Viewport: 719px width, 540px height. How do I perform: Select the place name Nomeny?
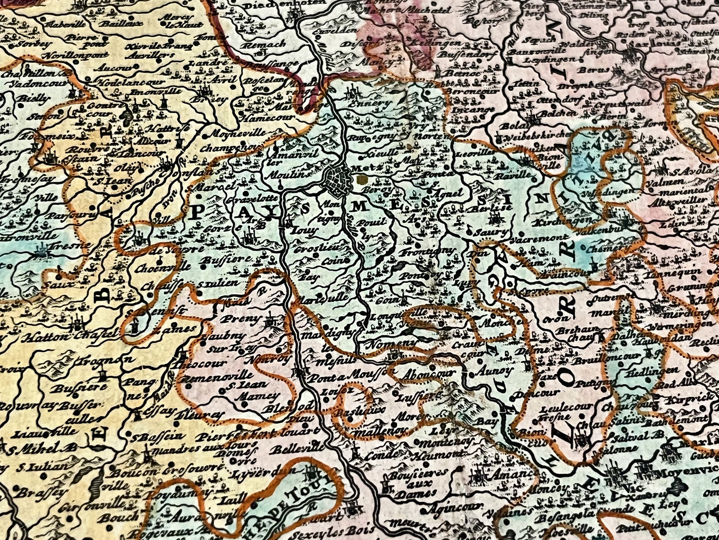pyautogui.click(x=385, y=344)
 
